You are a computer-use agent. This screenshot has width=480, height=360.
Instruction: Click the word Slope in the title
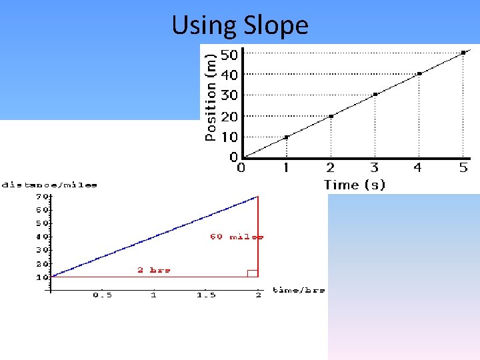[276, 26]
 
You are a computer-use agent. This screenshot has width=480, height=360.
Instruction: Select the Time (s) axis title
[355, 185]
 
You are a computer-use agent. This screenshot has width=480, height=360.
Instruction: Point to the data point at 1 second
[287, 137]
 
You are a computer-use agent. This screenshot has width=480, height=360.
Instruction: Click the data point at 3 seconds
[375, 94]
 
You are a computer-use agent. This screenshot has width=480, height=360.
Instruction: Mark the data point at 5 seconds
[463, 52]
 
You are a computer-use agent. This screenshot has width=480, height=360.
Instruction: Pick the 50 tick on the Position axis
[229, 54]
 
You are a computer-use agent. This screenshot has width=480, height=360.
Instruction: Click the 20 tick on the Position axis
[229, 116]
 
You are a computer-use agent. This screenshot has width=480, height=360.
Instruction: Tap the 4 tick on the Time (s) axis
[418, 167]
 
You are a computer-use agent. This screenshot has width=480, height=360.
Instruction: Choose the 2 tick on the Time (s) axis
[330, 167]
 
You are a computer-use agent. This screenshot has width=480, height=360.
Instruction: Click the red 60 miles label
[237, 237]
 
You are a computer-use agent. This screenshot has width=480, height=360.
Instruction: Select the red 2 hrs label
[154, 270]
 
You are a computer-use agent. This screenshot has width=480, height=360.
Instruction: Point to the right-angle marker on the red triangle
[252, 273]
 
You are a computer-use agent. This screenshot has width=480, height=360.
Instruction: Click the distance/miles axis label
[50, 185]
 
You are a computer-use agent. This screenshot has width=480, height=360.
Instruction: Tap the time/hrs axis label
[298, 290]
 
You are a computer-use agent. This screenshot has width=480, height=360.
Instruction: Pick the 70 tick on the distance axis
[41, 197]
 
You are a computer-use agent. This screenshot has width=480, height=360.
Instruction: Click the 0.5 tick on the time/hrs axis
[102, 295]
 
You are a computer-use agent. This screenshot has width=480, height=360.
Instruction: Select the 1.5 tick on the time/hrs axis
[205, 295]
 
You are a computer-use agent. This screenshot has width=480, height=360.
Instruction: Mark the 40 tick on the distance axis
[41, 237]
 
